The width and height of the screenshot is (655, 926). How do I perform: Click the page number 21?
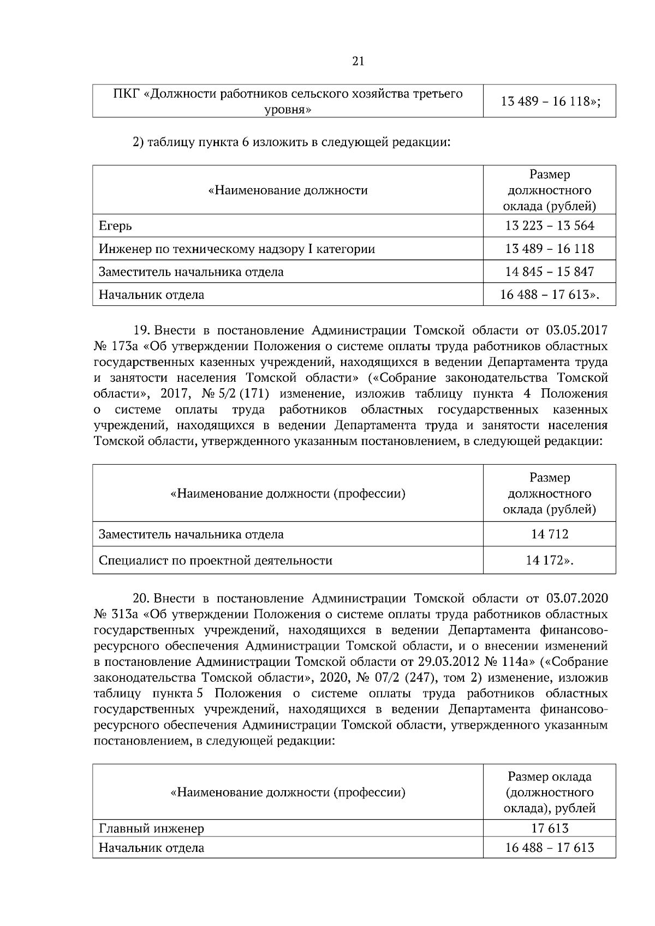[358, 61]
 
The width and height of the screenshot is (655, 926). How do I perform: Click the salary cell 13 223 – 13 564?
[549, 226]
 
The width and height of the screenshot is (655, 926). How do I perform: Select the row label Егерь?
[115, 226]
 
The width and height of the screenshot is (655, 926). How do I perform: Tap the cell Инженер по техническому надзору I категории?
[237, 249]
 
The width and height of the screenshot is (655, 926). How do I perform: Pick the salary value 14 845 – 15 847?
[549, 272]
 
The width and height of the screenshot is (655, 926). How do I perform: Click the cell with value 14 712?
[549, 534]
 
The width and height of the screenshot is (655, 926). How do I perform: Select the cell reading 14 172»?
[549, 561]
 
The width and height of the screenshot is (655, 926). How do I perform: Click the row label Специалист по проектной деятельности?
[216, 561]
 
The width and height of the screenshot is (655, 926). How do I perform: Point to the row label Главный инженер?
[152, 829]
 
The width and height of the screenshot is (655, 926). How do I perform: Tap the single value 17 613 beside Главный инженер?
[549, 829]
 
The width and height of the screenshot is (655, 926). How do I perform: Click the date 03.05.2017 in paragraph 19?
[576, 330]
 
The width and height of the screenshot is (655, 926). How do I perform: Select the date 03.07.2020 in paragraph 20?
[576, 599]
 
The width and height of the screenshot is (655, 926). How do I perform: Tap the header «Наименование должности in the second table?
[288, 190]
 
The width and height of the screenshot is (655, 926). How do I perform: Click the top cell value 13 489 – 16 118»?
[549, 101]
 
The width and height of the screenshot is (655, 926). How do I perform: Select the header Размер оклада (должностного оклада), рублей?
[549, 792]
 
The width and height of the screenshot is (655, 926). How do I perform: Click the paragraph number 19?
[142, 330]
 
